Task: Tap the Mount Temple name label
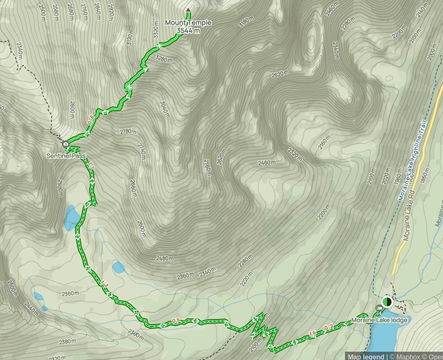click(188, 23)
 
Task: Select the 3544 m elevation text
click(188, 30)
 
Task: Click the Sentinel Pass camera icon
click(66, 145)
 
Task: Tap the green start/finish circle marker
click(387, 302)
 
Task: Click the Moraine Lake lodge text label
click(379, 321)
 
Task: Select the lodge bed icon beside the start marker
click(379, 308)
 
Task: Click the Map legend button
click(365, 356)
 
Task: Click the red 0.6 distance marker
click(90, 119)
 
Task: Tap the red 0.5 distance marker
click(176, 320)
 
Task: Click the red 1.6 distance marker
click(312, 333)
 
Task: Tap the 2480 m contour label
click(164, 258)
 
